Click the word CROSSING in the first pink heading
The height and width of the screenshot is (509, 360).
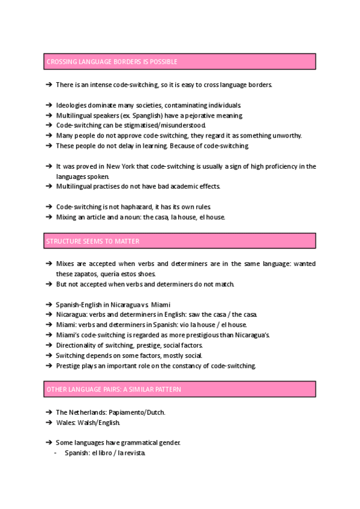[61, 62]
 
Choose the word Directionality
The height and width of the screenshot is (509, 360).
[76, 345]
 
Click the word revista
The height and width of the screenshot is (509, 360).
[133, 453]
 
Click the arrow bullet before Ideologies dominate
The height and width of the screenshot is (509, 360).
[49, 105]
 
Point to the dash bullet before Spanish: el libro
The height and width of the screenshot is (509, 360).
[56, 453]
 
